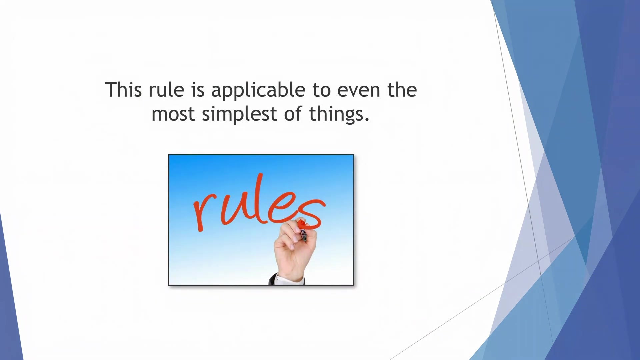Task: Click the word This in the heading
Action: (123, 90)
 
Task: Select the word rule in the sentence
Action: (166, 90)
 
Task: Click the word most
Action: (173, 114)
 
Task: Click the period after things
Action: (367, 119)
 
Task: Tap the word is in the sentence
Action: (198, 90)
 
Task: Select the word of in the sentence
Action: (293, 114)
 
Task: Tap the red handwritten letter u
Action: (235, 209)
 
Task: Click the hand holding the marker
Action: (295, 248)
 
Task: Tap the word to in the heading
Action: (321, 90)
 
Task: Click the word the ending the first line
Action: (402, 90)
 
